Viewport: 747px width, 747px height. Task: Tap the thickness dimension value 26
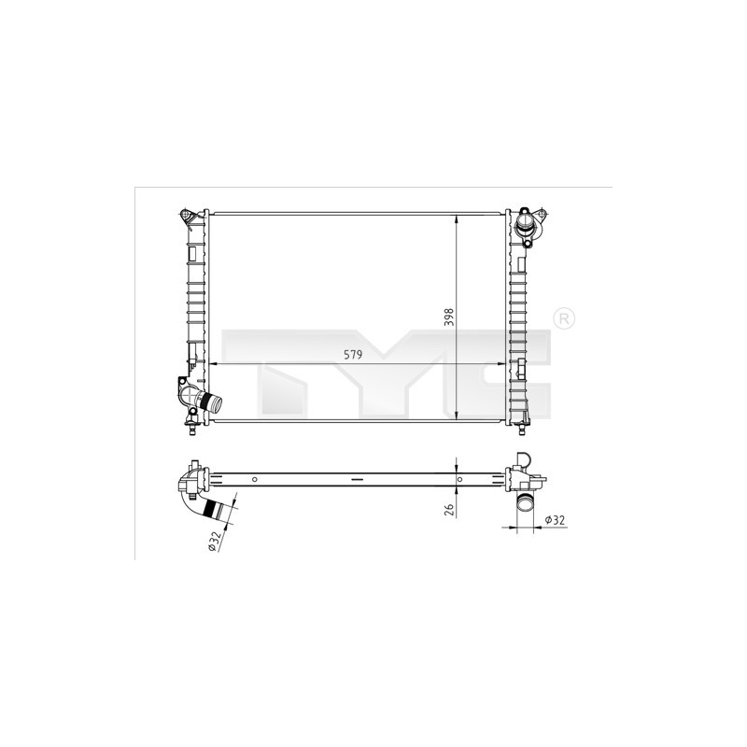pyautogui.click(x=449, y=508)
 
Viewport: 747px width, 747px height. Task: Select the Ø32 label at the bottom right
pyautogui.click(x=554, y=520)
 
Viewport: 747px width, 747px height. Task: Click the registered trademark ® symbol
pyautogui.click(x=563, y=318)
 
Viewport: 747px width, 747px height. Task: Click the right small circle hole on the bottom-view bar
pyautogui.click(x=458, y=479)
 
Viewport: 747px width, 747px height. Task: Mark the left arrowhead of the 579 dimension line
pyautogui.click(x=209, y=363)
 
